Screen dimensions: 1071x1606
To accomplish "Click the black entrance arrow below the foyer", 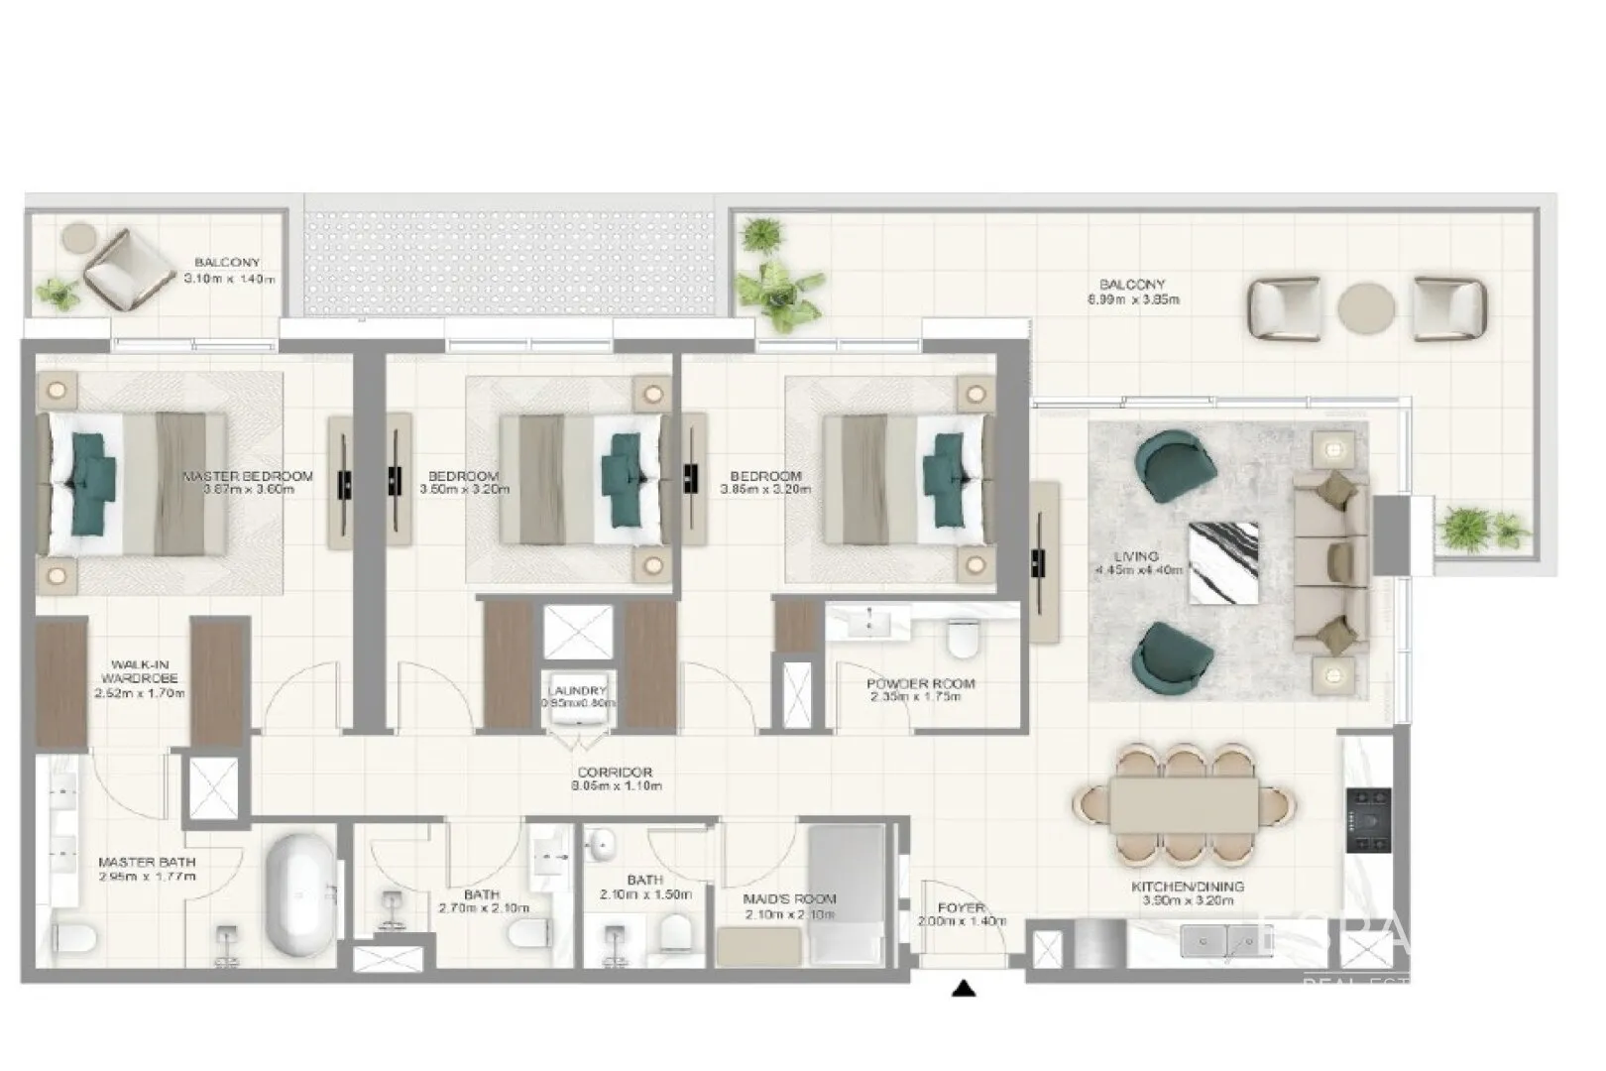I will (x=964, y=989).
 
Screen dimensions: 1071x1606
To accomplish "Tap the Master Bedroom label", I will (x=248, y=476).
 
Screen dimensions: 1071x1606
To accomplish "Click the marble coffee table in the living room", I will (x=1223, y=562).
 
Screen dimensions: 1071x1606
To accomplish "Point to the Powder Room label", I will (x=920, y=683).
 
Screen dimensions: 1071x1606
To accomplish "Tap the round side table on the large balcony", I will (x=1366, y=307).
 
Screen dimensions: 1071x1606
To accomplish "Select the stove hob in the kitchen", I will (x=1368, y=820).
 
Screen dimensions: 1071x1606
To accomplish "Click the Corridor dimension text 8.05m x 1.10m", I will (x=616, y=786).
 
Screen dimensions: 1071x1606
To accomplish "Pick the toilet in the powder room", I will (x=963, y=640).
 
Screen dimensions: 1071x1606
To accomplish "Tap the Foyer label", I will (x=961, y=907).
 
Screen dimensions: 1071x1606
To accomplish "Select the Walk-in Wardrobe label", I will (x=145, y=671).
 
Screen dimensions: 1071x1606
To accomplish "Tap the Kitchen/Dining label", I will (x=1188, y=887).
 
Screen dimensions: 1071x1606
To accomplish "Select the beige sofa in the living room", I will (x=1330, y=562).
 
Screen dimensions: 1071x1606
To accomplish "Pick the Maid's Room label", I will (x=789, y=898).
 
